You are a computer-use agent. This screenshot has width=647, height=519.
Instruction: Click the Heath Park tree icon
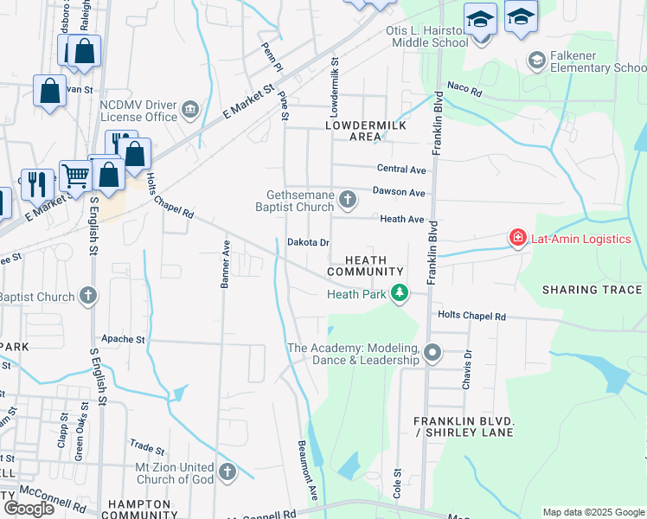point(399,294)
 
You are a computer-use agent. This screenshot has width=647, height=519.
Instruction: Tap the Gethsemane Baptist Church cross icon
point(347,201)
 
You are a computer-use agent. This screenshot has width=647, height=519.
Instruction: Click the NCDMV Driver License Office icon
point(190,112)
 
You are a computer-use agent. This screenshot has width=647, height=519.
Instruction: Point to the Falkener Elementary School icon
point(536,61)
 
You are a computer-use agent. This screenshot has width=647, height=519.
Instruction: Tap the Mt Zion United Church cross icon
point(227,472)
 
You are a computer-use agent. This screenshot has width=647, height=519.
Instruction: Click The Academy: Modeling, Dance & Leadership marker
point(432,353)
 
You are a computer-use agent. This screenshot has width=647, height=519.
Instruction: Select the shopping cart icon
point(75,176)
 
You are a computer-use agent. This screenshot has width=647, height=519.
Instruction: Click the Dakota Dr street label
point(309,243)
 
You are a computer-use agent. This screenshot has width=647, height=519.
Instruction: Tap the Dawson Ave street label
point(399,192)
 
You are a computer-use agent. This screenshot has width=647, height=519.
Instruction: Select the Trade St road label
point(147,449)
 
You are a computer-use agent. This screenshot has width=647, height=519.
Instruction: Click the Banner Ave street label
point(227,264)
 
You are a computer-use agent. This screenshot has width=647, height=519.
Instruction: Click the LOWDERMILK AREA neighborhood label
point(353,131)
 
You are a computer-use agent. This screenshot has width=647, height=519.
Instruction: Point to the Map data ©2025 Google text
point(593,512)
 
